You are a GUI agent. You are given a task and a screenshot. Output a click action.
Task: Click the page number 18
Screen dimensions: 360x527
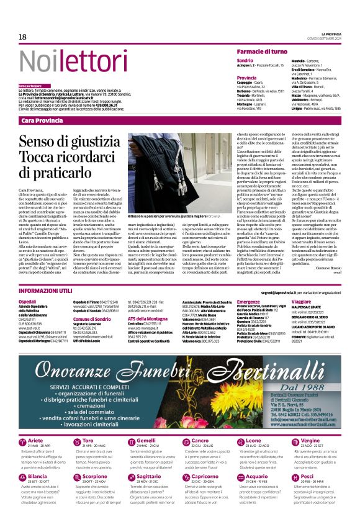coord(22,37)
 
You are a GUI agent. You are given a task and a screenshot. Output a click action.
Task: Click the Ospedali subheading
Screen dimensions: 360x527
coord(28,301)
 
